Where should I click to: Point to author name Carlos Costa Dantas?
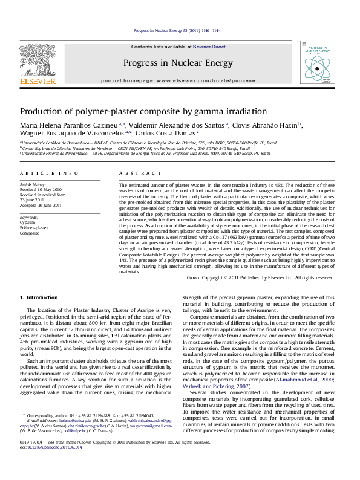[x=167, y=134]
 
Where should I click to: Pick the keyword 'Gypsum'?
[x=28, y=222]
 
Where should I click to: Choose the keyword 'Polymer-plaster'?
[x=34, y=227]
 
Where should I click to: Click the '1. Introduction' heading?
[x=39, y=297]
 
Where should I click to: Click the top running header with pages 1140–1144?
[x=177, y=30]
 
